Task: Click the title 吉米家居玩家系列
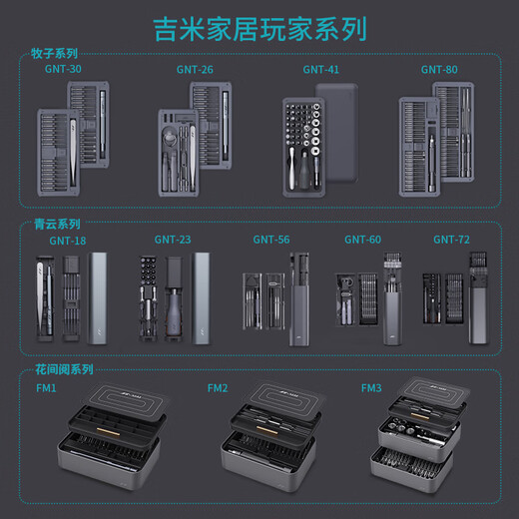coord(259,26)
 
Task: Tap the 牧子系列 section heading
coord(55,54)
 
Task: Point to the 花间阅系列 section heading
coord(65,369)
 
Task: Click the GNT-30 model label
coord(64,70)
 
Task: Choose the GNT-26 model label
coord(193,70)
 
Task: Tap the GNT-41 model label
coord(321,70)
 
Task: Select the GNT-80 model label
coord(439,70)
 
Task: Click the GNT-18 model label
coord(68,241)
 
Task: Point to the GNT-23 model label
coord(173,240)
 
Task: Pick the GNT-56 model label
coord(270,240)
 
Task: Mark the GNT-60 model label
coord(362,240)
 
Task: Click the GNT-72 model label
coord(451,240)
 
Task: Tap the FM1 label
coord(46,388)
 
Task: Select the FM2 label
coord(218,388)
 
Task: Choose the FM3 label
coord(371,388)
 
